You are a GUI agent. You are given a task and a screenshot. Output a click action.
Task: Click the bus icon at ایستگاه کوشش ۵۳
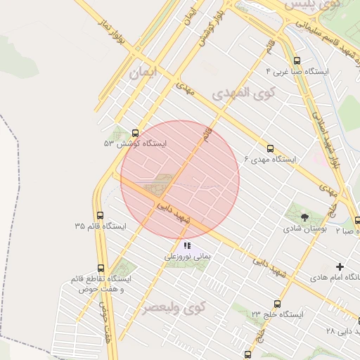pyautogui.click(x=135, y=132)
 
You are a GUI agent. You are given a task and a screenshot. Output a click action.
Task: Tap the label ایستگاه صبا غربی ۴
pyautogui.click(x=297, y=72)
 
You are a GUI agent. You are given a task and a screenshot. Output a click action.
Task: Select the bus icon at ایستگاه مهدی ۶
pyautogui.click(x=270, y=148)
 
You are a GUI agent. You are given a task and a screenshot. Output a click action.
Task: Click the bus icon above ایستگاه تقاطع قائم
pyautogui.click(x=101, y=268)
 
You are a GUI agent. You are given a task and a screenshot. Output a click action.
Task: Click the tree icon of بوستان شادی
pyautogui.click(x=304, y=217)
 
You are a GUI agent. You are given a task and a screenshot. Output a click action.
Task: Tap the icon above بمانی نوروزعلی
pyautogui.click(x=187, y=245)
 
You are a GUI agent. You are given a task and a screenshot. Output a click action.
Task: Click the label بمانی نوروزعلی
pyautogui.click(x=188, y=257)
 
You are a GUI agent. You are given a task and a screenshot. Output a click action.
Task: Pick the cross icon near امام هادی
pyautogui.click(x=340, y=266)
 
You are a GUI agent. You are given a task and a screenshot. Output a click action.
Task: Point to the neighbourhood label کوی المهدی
pyautogui.click(x=236, y=94)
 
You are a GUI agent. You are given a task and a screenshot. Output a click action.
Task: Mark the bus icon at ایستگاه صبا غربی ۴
pyautogui.click(x=297, y=60)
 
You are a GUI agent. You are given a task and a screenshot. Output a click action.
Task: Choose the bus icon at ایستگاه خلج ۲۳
pyautogui.click(x=277, y=304)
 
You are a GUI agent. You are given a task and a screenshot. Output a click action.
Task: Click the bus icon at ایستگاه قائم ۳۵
pyautogui.click(x=100, y=216)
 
